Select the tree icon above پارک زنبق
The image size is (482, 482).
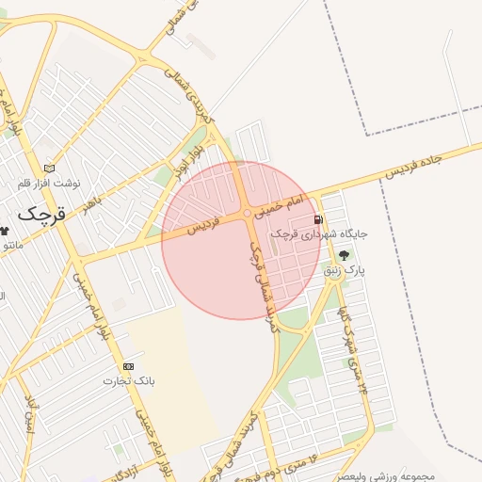coord(343,254)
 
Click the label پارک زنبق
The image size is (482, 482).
coord(344,270)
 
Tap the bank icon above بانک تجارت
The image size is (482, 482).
coord(128,366)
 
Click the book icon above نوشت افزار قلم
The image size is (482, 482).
coord(49,168)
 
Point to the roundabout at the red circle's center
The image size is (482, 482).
coord(248,215)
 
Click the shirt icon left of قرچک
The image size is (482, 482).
coord(4,231)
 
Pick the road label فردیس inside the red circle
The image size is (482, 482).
coord(201,226)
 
